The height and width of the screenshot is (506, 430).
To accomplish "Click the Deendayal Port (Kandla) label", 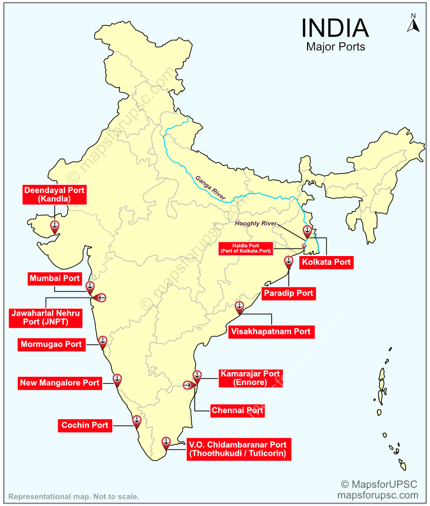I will [x=54, y=195].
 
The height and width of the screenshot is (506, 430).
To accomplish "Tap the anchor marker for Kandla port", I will [x=54, y=226].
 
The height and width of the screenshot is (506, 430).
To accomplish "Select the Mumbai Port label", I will [x=55, y=278].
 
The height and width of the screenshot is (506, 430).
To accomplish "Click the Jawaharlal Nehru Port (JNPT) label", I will [x=46, y=318].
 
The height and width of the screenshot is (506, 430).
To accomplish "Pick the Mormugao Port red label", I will [x=51, y=345].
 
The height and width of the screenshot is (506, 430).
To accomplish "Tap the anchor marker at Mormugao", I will [x=103, y=341].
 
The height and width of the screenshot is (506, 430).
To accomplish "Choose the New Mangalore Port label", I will [x=60, y=383].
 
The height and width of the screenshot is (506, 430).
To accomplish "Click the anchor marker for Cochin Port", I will [x=137, y=420].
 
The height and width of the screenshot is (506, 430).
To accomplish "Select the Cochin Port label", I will [x=85, y=426].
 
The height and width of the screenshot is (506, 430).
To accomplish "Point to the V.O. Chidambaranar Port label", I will [x=237, y=449].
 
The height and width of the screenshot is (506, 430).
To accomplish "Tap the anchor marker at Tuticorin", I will [x=165, y=442].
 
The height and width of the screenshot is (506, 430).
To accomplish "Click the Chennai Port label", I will [x=237, y=410].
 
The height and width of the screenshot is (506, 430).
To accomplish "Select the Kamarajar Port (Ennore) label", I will [x=250, y=378].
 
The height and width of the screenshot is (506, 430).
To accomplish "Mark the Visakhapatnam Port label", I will [x=271, y=332].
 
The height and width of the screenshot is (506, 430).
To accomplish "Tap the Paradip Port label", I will [x=288, y=293].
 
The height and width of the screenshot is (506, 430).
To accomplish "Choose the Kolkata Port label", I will [x=326, y=263].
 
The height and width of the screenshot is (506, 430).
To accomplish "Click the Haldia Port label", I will [x=246, y=248].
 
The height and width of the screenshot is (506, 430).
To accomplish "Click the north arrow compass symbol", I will [x=413, y=23].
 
